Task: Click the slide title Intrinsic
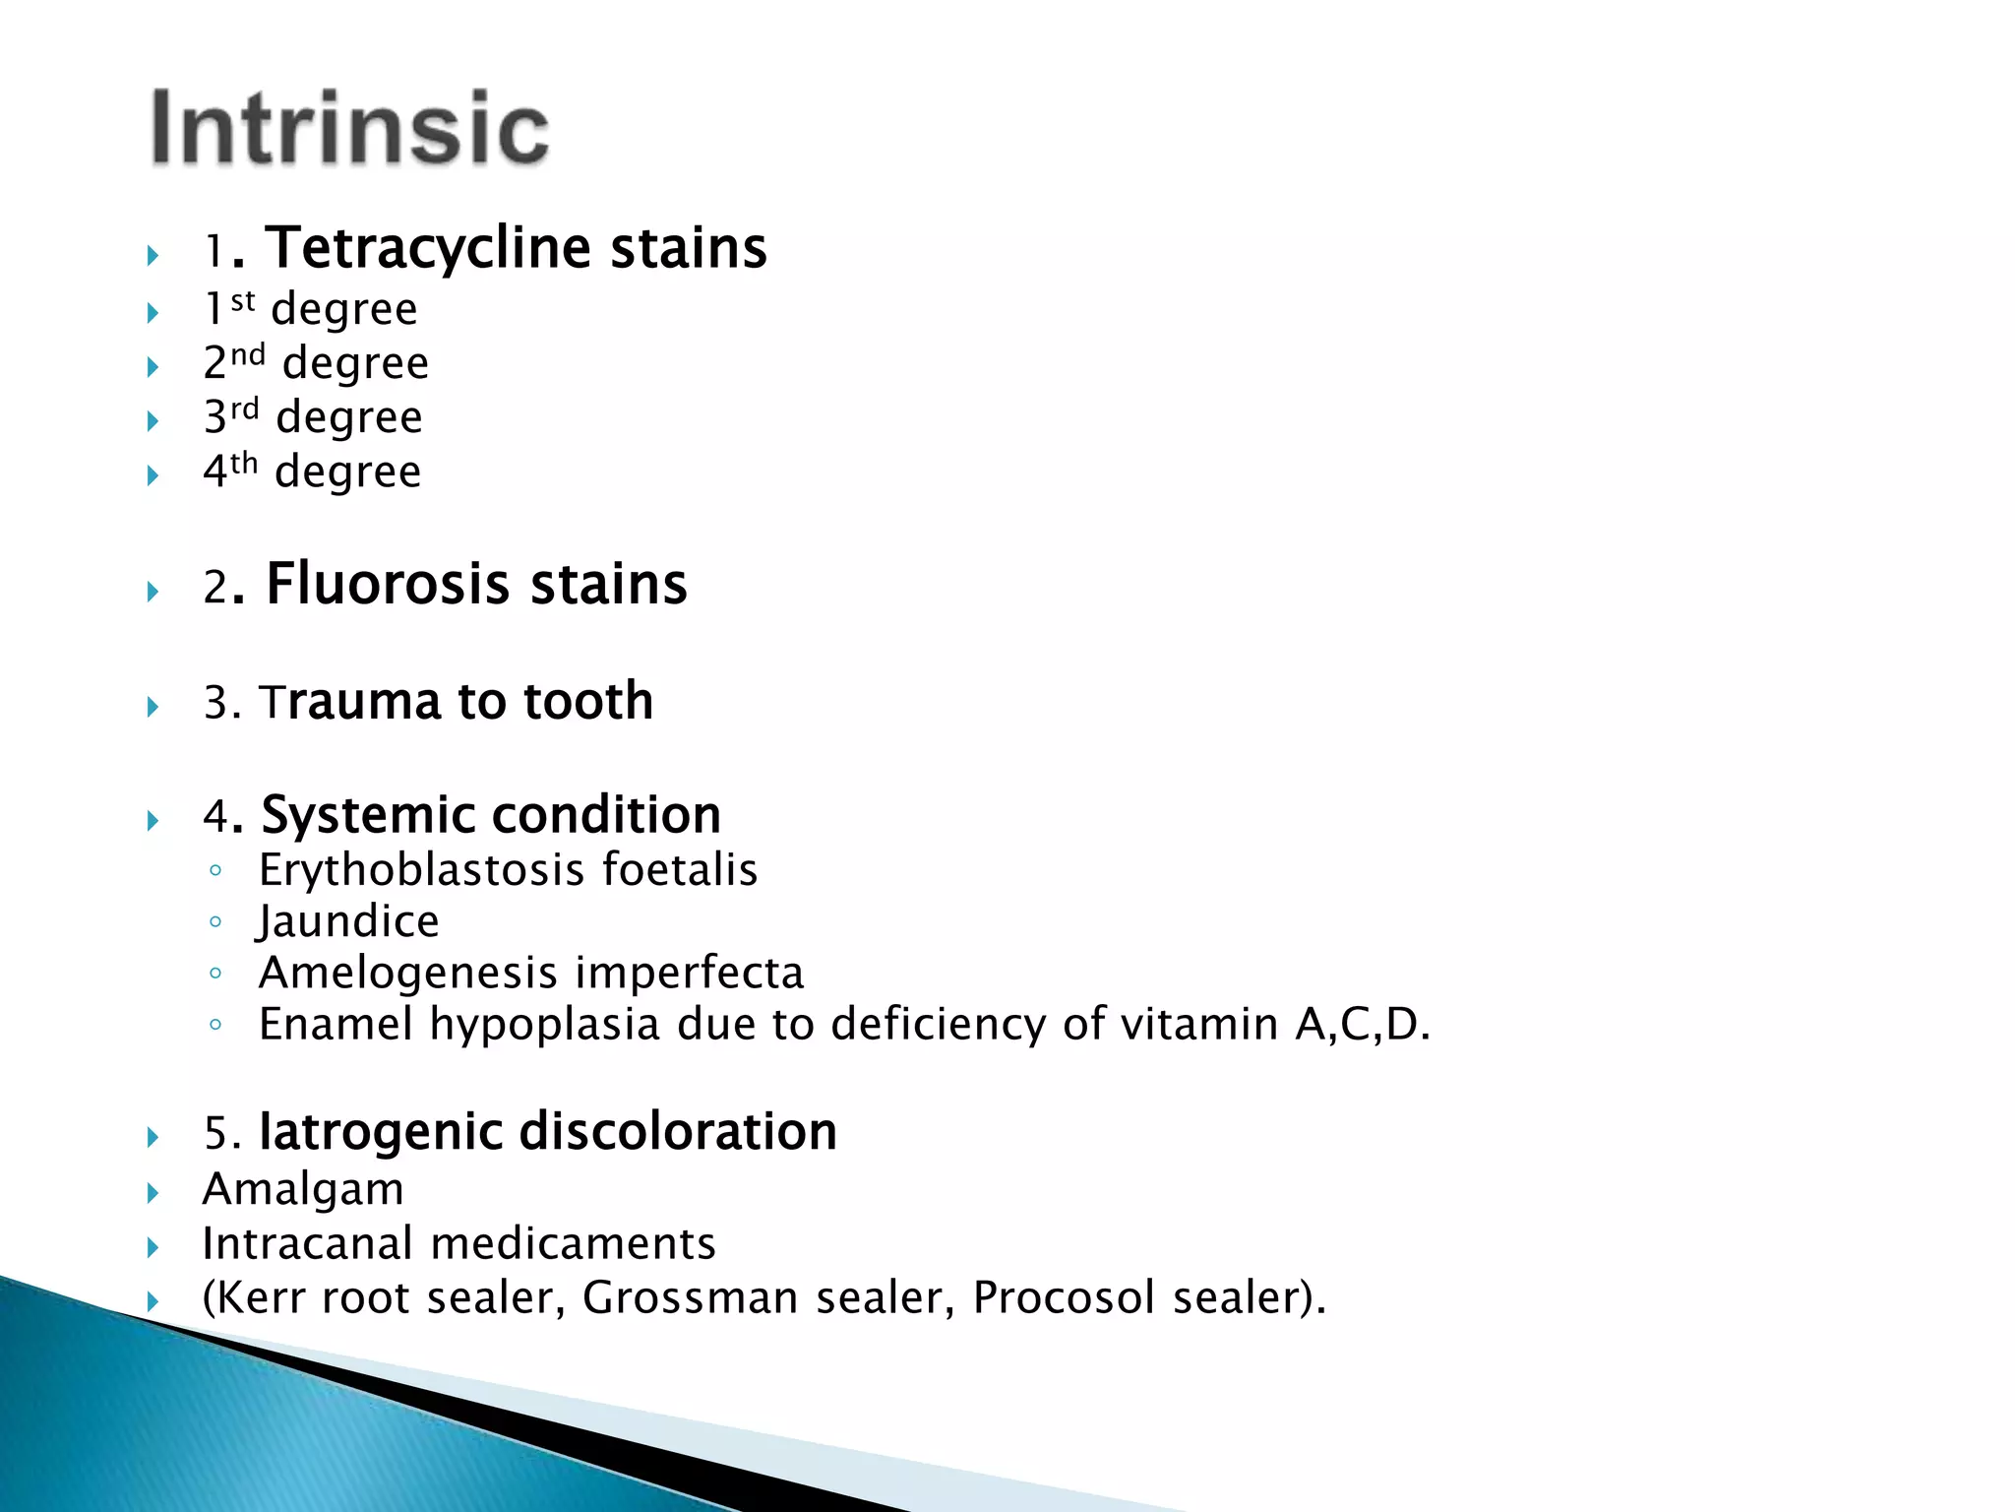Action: point(349,128)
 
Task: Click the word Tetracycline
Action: point(427,247)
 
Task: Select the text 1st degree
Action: point(311,309)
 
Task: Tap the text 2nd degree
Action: point(316,363)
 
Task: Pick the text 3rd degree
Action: point(313,417)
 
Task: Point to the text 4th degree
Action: point(312,472)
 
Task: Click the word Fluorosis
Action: point(387,584)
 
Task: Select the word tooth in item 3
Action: point(587,702)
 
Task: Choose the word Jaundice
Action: point(348,922)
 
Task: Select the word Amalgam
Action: point(303,1189)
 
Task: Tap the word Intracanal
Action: point(307,1244)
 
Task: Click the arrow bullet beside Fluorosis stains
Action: point(153,592)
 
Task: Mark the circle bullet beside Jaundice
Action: point(216,922)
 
